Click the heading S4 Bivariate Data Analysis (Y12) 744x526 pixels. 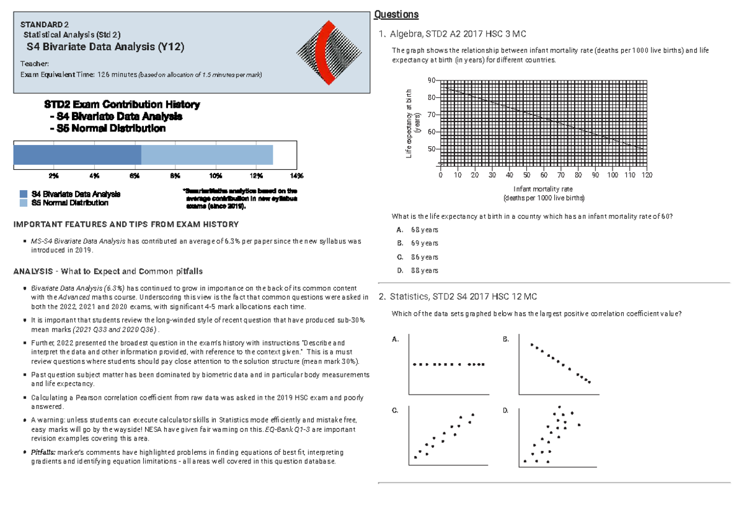pyautogui.click(x=105, y=47)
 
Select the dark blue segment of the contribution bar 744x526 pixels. pyautogui.click(x=77, y=155)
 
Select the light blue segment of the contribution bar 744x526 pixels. pyautogui.click(x=207, y=155)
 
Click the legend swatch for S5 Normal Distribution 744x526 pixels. pyautogui.click(x=24, y=203)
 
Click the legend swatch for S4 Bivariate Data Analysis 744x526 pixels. pyautogui.click(x=24, y=194)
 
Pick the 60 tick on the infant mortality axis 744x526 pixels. pyautogui.click(x=544, y=175)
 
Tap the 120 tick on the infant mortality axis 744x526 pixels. pyautogui.click(x=647, y=175)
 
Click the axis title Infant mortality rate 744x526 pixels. pyautogui.click(x=543, y=189)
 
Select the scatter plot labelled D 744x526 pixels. pyautogui.click(x=558, y=438)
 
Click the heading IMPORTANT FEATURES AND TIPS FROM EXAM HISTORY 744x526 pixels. pyautogui.click(x=126, y=224)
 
